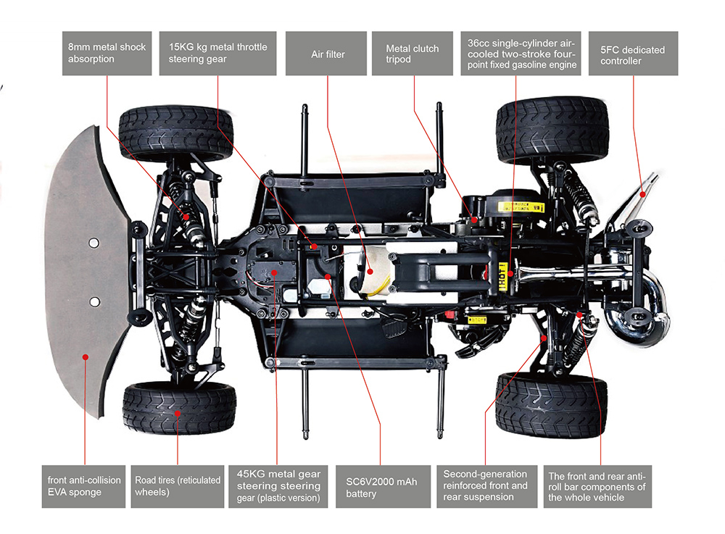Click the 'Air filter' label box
click(x=327, y=54)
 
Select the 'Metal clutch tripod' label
click(x=413, y=54)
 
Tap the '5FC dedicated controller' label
click(x=633, y=54)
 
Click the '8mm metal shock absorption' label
click(x=107, y=54)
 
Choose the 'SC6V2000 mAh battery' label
click(x=381, y=487)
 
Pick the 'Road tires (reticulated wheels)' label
click(x=178, y=487)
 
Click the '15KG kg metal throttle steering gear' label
click(x=217, y=54)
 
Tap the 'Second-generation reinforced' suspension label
click(x=486, y=486)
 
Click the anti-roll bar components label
click(x=597, y=486)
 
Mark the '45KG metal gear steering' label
click(x=278, y=486)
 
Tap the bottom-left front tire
click(x=179, y=407)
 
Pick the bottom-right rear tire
click(x=550, y=404)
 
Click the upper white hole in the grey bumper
click(x=94, y=243)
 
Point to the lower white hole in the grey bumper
click(x=94, y=301)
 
